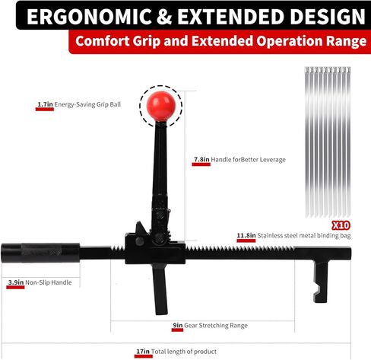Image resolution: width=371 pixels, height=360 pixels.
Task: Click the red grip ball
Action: [161, 105]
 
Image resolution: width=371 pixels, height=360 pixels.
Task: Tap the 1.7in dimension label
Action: [45, 104]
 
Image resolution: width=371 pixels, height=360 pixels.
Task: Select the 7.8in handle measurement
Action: [201, 159]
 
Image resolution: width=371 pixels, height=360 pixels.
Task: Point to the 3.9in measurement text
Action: [16, 282]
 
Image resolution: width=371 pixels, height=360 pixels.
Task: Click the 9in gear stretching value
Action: [178, 325]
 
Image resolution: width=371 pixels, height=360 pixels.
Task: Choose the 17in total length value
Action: [143, 352]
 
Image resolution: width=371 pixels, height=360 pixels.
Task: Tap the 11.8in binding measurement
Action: [246, 235]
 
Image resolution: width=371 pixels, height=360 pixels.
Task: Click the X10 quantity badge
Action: [341, 225]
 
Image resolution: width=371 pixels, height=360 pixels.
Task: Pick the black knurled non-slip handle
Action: [40, 253]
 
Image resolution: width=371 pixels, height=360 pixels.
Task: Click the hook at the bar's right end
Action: [320, 281]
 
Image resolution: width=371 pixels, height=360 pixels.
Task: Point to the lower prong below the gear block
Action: [160, 289]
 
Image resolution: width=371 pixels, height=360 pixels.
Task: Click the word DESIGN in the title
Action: [328, 17]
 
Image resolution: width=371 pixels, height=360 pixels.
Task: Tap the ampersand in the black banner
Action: [164, 17]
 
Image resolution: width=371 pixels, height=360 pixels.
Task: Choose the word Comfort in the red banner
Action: [103, 41]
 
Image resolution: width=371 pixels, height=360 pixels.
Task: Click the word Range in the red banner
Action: [346, 41]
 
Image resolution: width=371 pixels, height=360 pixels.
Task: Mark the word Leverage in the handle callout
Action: [273, 160]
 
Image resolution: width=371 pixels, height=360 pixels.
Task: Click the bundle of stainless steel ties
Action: [328, 142]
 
